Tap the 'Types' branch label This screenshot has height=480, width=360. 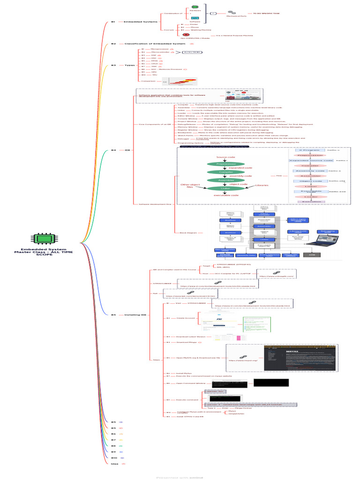(129, 65)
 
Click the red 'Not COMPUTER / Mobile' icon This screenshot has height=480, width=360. (186, 35)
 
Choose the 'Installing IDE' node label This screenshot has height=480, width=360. (135, 315)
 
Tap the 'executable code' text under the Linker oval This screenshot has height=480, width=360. (226, 195)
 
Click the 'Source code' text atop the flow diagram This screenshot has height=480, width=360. (225, 157)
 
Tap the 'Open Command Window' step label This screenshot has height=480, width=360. (191, 383)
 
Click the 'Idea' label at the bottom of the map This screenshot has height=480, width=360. (114, 464)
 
